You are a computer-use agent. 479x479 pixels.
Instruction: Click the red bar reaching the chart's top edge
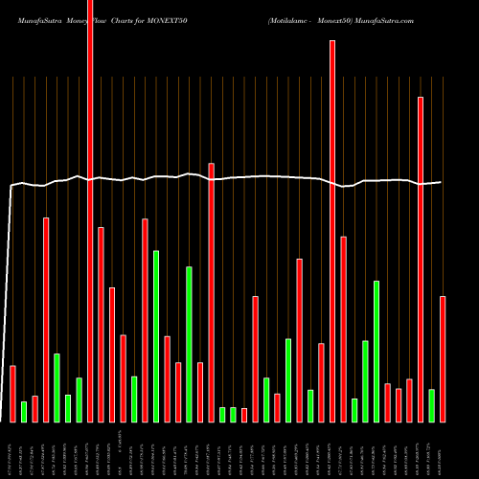90,211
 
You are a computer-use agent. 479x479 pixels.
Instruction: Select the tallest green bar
156,336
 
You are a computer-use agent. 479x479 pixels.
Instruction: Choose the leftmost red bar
12,394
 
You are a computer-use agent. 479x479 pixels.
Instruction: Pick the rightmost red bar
443,359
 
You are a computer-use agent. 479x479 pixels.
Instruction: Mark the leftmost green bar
24,412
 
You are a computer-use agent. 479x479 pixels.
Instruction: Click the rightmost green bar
431,405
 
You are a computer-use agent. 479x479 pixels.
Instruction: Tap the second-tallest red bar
332,231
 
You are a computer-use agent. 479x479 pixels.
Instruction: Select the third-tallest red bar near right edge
421,259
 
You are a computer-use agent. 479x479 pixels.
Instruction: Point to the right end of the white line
442,182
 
